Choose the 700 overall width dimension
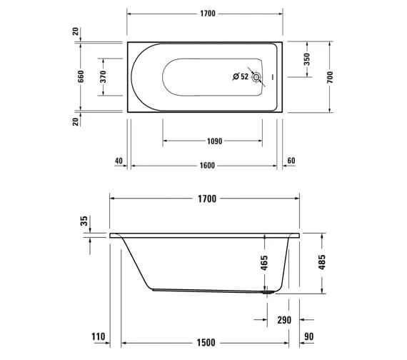330,76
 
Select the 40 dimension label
119,161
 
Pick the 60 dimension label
291,161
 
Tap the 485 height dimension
321,262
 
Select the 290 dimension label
284,320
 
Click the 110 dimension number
99,336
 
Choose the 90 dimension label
308,336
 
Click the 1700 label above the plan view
206,14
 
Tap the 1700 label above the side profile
206,199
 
